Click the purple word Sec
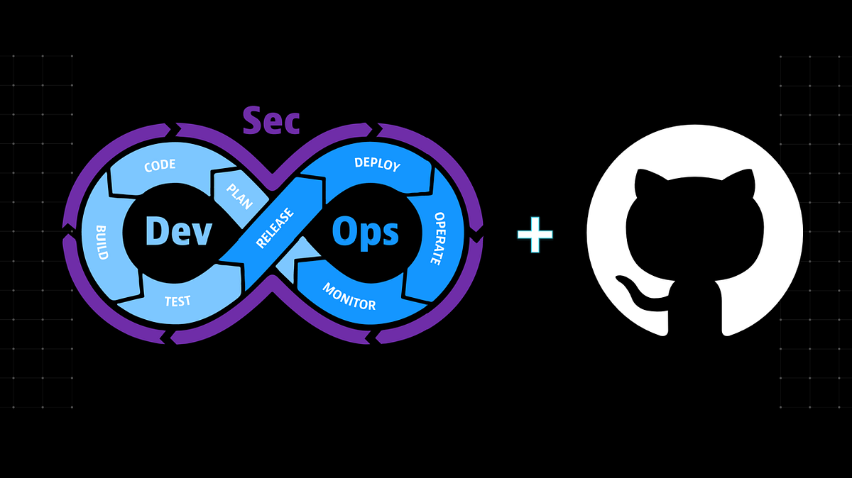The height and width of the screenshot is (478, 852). point(271,121)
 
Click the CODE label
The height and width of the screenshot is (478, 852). point(160,167)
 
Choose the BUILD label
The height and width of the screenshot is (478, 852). point(101,242)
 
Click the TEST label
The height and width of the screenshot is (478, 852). point(177,301)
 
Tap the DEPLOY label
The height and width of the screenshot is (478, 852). point(377,165)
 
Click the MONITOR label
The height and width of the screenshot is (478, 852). point(349,296)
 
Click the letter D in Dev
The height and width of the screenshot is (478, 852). point(158,231)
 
